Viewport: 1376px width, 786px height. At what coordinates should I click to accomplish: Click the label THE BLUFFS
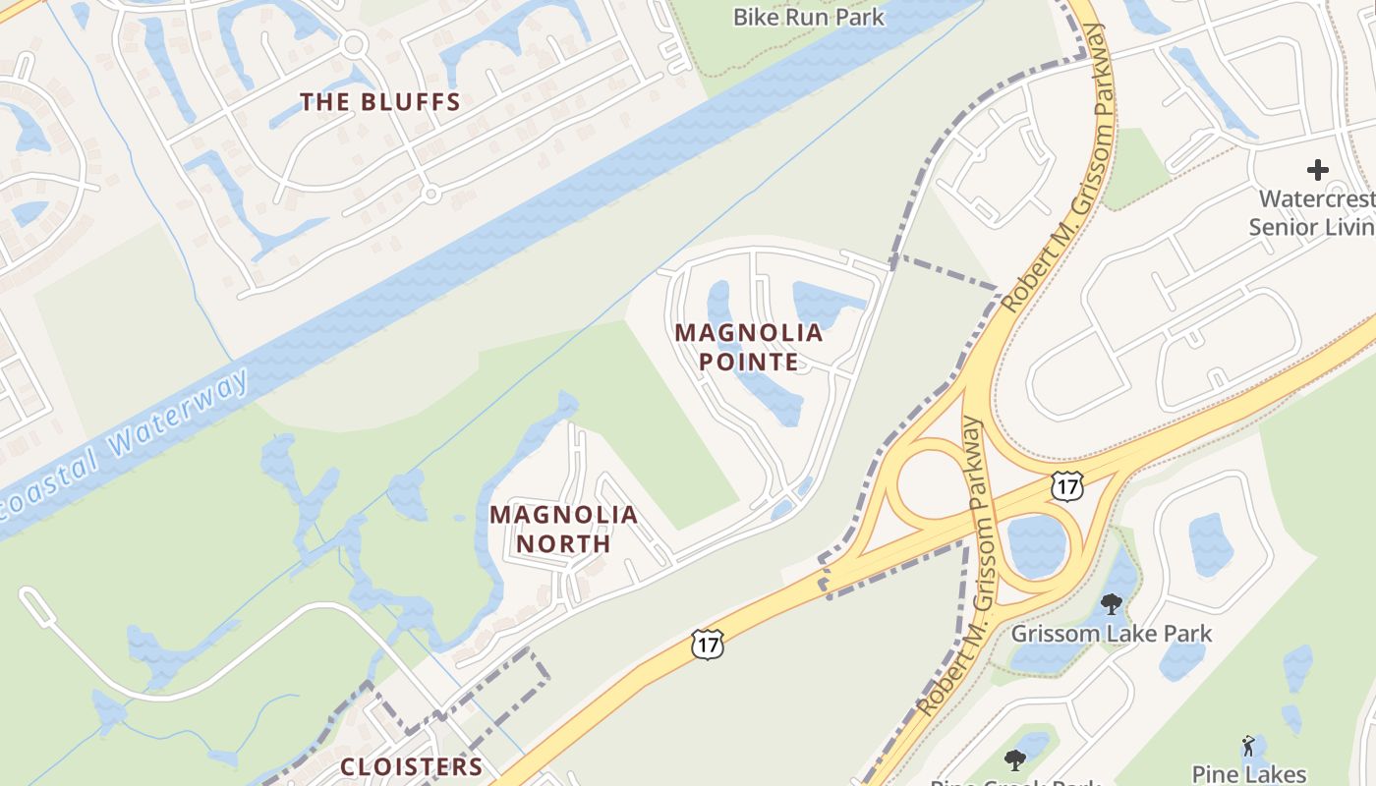click(380, 102)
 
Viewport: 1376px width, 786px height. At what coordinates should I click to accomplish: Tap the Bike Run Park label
click(808, 17)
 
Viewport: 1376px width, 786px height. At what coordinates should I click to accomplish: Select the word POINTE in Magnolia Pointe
click(749, 362)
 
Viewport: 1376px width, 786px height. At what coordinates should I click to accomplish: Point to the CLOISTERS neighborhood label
click(412, 766)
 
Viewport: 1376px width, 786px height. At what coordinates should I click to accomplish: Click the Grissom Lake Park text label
click(1112, 634)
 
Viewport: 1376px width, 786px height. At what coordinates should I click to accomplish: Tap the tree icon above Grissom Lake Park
click(1112, 603)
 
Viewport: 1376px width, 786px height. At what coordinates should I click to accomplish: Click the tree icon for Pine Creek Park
click(1015, 759)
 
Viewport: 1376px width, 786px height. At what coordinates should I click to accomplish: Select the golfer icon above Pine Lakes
click(1248, 746)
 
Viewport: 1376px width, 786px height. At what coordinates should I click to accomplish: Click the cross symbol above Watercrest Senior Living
click(1317, 170)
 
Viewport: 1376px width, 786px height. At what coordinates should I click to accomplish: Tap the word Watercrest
click(1316, 198)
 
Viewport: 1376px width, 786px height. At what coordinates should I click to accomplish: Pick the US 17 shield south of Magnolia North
click(707, 644)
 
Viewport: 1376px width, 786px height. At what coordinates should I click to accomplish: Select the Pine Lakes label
click(1248, 774)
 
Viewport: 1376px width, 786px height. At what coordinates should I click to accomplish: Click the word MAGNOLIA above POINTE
click(749, 332)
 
